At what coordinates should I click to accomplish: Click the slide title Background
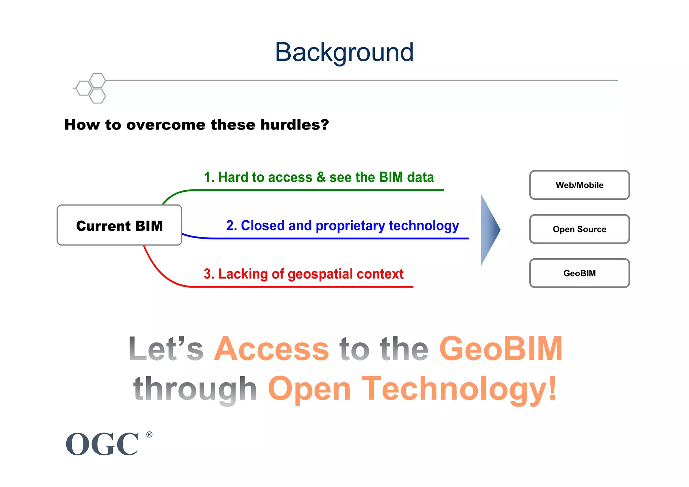pyautogui.click(x=344, y=52)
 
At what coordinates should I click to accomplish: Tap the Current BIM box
pyautogui.click(x=119, y=225)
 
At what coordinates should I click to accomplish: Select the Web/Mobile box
pyautogui.click(x=579, y=185)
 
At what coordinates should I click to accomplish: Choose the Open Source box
pyautogui.click(x=579, y=229)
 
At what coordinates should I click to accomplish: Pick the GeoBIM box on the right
pyautogui.click(x=579, y=273)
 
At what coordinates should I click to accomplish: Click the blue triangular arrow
pyautogui.click(x=489, y=230)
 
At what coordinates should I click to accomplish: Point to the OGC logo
pyautogui.click(x=102, y=444)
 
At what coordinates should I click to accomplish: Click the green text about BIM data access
pyautogui.click(x=319, y=177)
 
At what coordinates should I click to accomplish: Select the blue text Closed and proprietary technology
pyautogui.click(x=342, y=226)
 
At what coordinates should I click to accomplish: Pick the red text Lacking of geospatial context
pyautogui.click(x=303, y=274)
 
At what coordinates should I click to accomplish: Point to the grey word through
pyautogui.click(x=195, y=389)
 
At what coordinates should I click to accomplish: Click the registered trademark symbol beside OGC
pyautogui.click(x=149, y=435)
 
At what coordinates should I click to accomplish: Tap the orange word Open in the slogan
pyautogui.click(x=310, y=389)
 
